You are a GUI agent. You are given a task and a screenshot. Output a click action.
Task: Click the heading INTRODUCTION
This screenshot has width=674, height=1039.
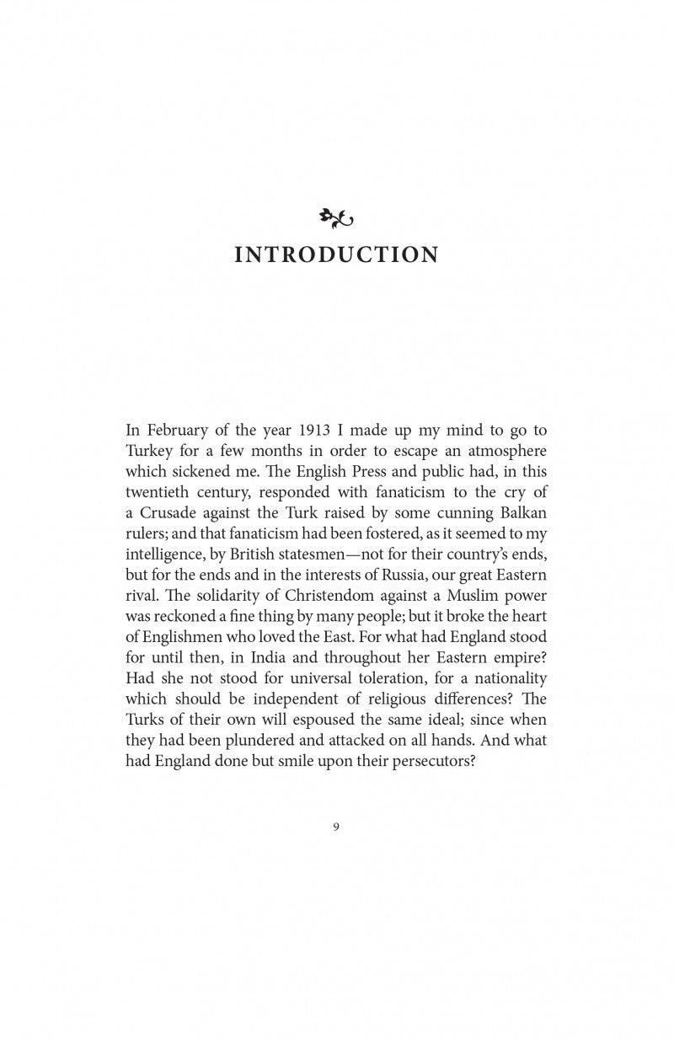pyautogui.click(x=336, y=254)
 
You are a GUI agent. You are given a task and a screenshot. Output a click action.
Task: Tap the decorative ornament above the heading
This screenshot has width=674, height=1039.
pyautogui.click(x=336, y=219)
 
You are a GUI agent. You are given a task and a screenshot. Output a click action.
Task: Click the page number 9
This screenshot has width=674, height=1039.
pyautogui.click(x=336, y=827)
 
